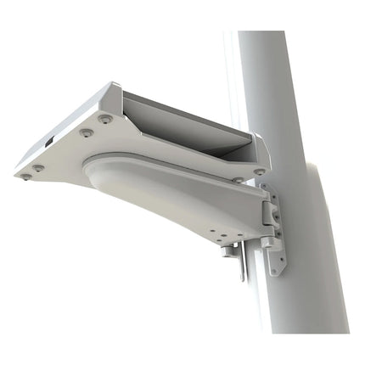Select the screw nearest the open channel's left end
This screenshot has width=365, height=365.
pyautogui.click(x=105, y=119)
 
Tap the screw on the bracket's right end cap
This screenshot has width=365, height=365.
pyautogui.click(x=258, y=171)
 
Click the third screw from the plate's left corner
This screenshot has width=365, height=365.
pyautogui.click(x=105, y=119)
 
